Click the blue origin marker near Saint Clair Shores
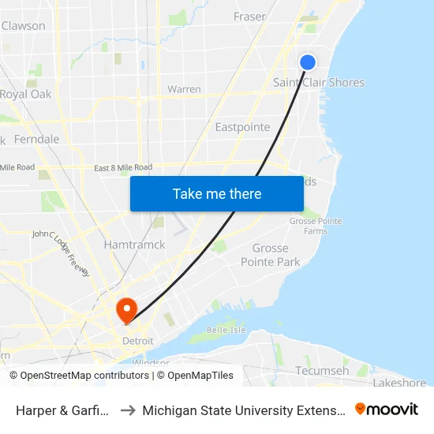[308, 62]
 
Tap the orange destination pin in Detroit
[125, 309]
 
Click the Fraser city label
[249, 17]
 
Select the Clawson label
[24, 26]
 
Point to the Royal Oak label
[25, 95]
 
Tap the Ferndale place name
[36, 139]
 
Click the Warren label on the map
[184, 89]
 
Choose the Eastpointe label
[242, 127]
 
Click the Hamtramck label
[135, 245]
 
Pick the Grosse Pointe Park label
[271, 255]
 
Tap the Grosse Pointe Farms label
[316, 226]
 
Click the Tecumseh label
[322, 371]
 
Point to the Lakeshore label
[399, 383]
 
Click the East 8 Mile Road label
[123, 167]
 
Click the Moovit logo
[386, 409]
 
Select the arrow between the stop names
[128, 410]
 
